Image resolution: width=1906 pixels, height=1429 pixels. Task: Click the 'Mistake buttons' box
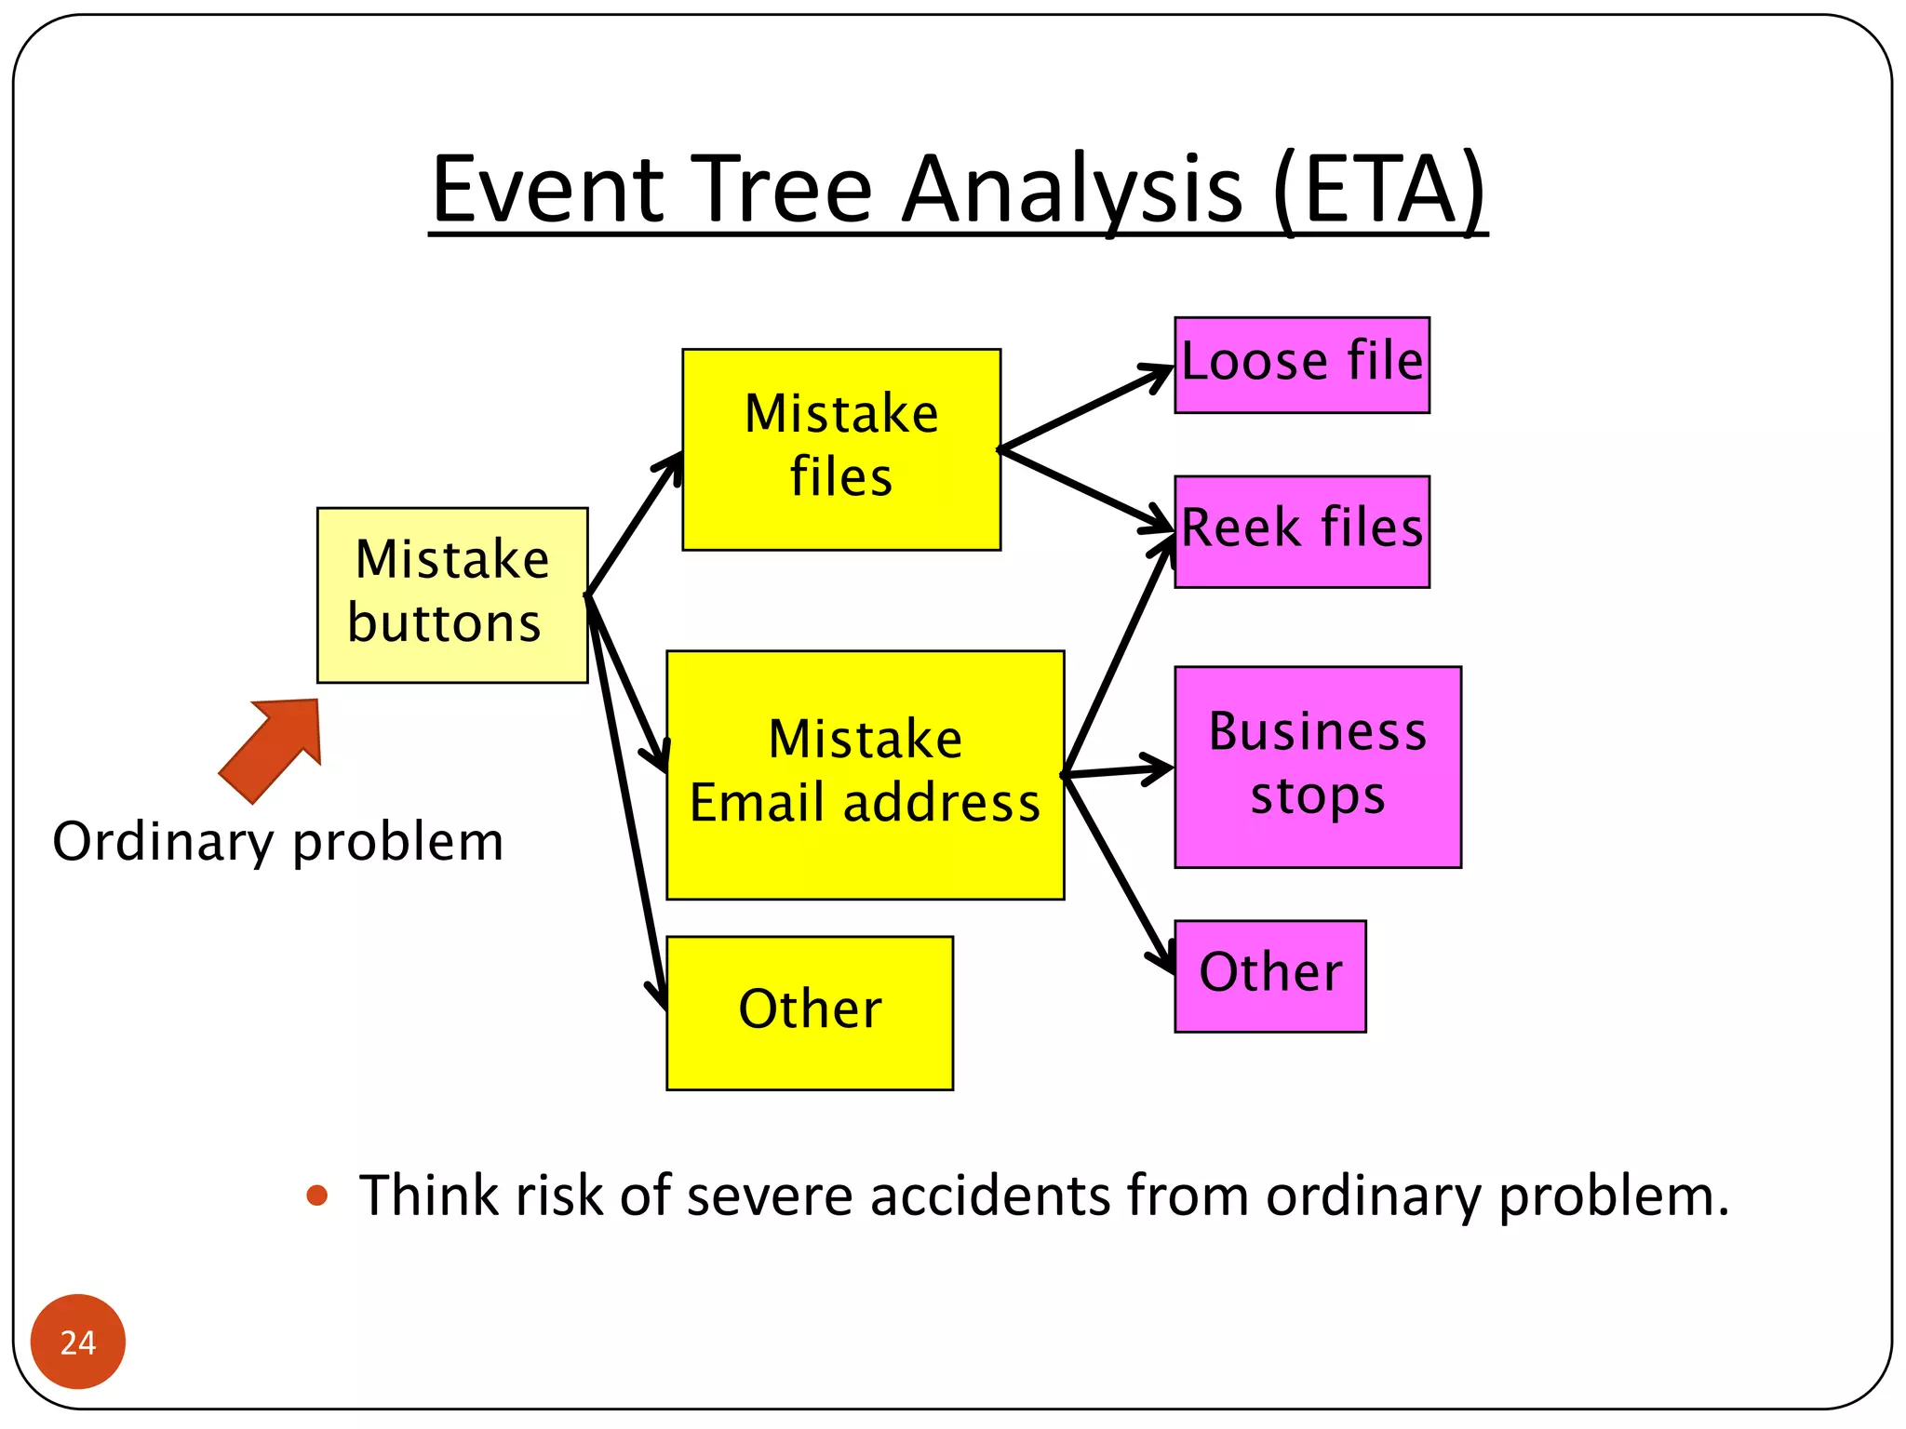click(x=452, y=594)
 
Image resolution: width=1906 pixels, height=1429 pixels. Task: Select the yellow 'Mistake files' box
click(x=841, y=449)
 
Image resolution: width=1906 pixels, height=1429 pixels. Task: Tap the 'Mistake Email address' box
click(x=865, y=774)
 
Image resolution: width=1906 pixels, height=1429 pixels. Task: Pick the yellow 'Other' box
click(x=810, y=1012)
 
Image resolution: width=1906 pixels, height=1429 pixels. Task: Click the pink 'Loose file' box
click(x=1301, y=364)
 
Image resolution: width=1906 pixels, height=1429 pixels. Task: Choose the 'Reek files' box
click(x=1301, y=531)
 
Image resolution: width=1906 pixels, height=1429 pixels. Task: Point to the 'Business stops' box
click(x=1317, y=767)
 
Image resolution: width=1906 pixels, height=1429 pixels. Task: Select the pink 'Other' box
click(x=1269, y=975)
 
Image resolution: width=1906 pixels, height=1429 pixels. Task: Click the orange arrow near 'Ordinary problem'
click(x=275, y=746)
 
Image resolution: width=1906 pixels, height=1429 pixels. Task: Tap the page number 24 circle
click(x=78, y=1341)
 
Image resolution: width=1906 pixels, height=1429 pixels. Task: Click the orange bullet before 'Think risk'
click(x=317, y=1195)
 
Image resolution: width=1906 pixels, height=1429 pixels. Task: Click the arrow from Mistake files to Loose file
click(x=1084, y=409)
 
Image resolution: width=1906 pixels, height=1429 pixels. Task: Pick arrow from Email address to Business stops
click(x=1117, y=771)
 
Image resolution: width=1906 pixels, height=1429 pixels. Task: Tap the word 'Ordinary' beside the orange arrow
click(x=162, y=843)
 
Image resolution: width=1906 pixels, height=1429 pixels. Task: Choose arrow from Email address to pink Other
click(x=1117, y=870)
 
